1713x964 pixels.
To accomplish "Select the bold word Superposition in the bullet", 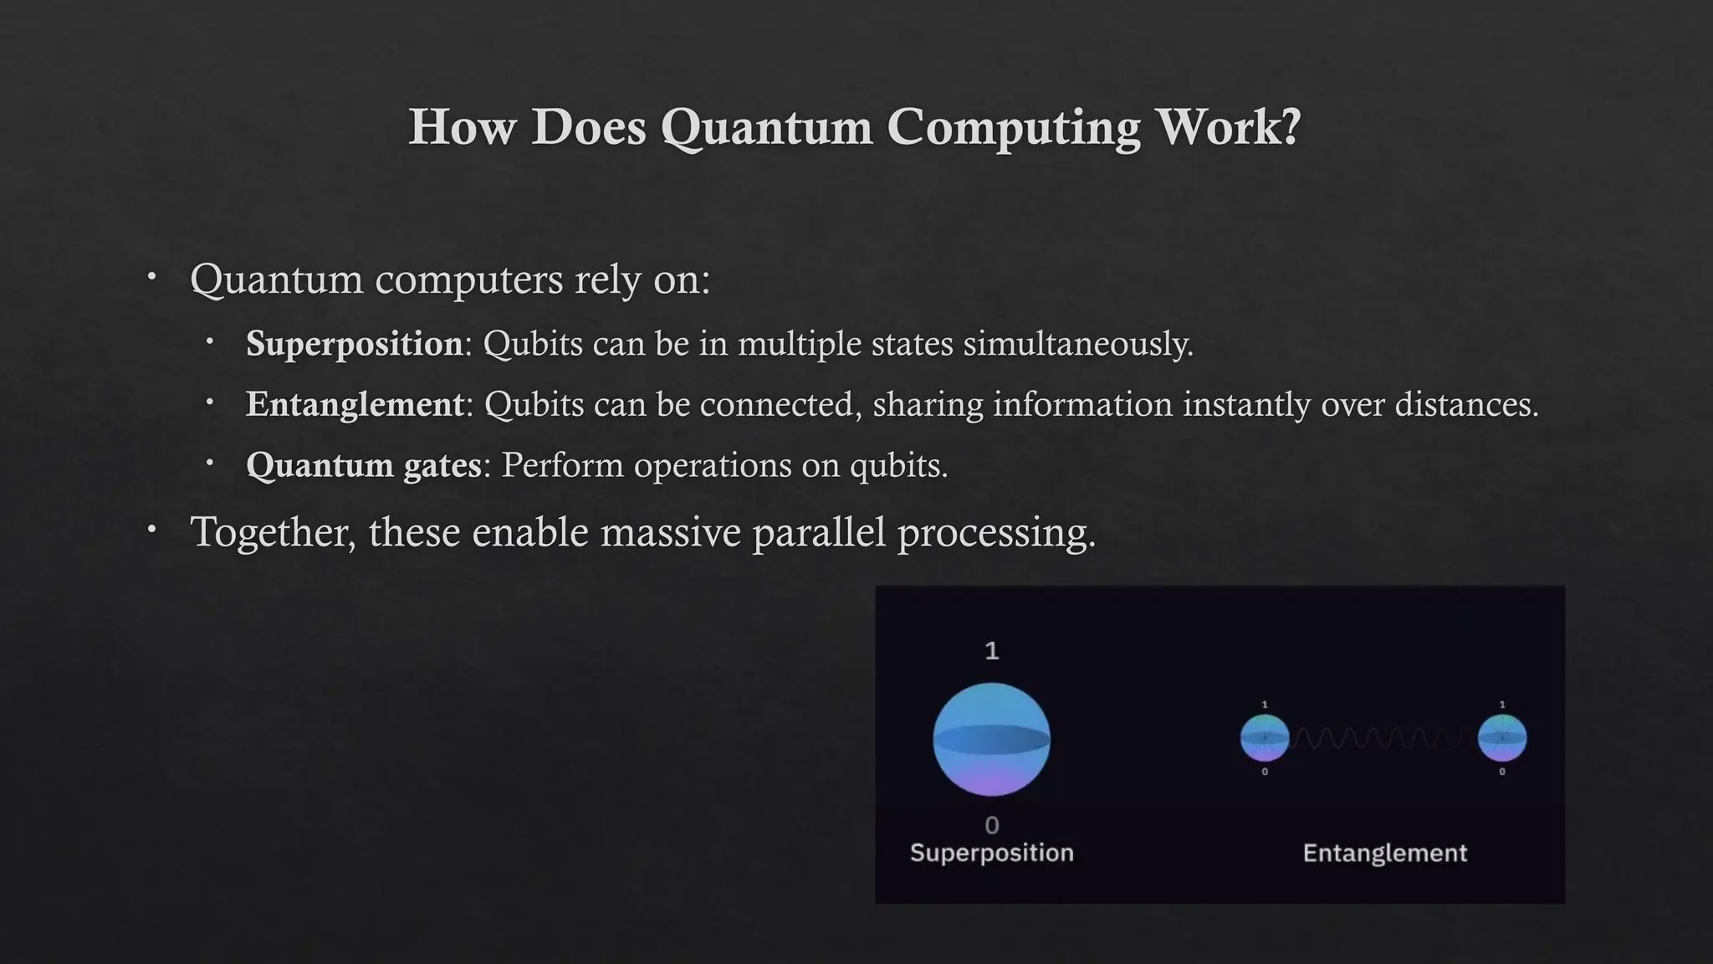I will click(x=354, y=344).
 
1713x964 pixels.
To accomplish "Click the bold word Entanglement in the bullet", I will click(x=355, y=405).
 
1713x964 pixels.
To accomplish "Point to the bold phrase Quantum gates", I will click(x=364, y=466).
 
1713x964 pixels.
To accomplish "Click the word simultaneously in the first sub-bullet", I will click(x=1077, y=344).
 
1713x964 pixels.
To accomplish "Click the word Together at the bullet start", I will click(x=273, y=532).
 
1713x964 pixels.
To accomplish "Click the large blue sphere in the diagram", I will click(x=991, y=739).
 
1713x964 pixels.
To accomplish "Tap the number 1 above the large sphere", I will click(x=992, y=651).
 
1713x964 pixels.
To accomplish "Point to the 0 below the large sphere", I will click(x=992, y=826).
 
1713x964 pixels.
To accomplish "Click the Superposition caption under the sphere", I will click(x=991, y=853).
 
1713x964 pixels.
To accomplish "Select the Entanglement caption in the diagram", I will click(x=1384, y=854).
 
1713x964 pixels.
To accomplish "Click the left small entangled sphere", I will click(x=1265, y=738).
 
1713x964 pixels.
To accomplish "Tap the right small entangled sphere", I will click(x=1502, y=738).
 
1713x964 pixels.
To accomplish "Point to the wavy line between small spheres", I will click(x=1383, y=738).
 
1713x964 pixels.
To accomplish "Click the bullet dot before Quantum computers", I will click(x=151, y=276).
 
